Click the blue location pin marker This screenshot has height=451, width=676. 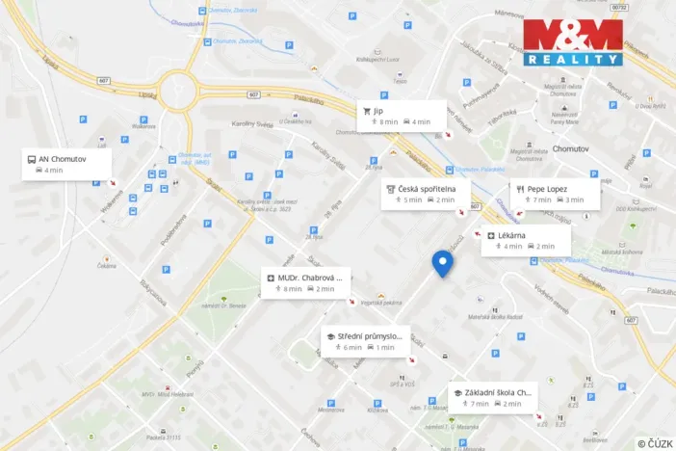pyautogui.click(x=442, y=262)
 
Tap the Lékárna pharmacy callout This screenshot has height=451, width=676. pyautogui.click(x=525, y=240)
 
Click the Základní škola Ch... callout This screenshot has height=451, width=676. pyautogui.click(x=491, y=397)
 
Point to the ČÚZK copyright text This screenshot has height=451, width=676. pyautogui.click(x=655, y=442)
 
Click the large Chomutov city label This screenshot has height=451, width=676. pyautogui.click(x=577, y=148)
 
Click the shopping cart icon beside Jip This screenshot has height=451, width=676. pyautogui.click(x=367, y=111)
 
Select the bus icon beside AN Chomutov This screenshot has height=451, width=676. pyautogui.click(x=32, y=159)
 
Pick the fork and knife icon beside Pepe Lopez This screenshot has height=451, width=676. pyautogui.click(x=519, y=189)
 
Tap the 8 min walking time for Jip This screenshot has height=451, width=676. pyautogui.click(x=388, y=122)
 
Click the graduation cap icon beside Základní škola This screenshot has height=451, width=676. pyautogui.click(x=456, y=392)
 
